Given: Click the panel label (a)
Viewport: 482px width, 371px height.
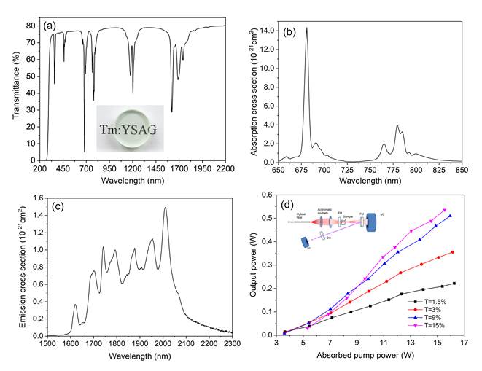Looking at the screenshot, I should point(50,26).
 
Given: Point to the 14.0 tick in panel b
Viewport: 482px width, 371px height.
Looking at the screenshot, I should point(265,31).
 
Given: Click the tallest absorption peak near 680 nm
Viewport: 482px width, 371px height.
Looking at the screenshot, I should point(306,28).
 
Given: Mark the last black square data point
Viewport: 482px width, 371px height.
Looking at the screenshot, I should point(454,284).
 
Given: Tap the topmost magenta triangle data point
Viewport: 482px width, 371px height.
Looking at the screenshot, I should point(445,211).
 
